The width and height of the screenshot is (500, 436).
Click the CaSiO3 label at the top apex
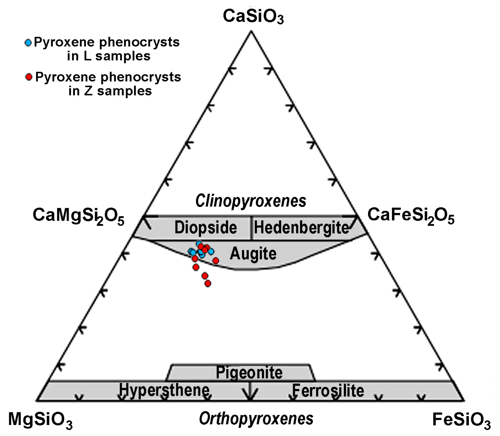click(253, 16)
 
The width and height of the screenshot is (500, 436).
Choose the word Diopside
click(206, 228)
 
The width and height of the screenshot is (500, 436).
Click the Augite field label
click(253, 254)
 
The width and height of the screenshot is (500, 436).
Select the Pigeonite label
click(249, 372)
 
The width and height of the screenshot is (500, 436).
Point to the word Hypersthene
click(164, 390)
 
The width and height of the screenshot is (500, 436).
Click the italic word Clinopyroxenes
click(251, 201)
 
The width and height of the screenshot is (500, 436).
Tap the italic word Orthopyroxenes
click(256, 419)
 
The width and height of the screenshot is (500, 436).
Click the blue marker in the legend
click(28, 43)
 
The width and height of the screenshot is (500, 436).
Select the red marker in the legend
click(29, 77)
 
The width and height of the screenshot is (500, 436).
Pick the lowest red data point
click(208, 283)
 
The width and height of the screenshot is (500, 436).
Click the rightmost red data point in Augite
click(216, 261)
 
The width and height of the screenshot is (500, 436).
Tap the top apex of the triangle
click(251, 31)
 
